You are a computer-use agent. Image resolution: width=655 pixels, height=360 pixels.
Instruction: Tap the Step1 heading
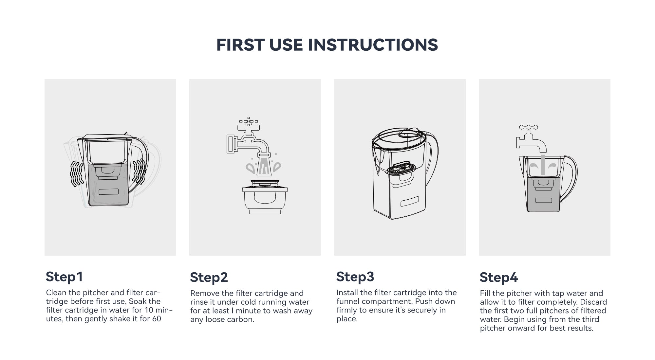click(64, 277)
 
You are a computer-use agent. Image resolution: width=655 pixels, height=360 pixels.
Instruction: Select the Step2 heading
click(209, 278)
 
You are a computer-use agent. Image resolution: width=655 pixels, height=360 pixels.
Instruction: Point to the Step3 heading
click(355, 277)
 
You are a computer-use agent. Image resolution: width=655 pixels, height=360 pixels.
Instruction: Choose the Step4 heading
click(499, 278)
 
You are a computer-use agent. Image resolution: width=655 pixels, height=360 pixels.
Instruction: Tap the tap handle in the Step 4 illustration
click(528, 127)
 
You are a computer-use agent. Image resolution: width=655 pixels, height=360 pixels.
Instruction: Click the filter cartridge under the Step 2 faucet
click(265, 196)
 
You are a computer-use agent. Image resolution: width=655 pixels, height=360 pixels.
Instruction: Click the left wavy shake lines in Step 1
click(77, 174)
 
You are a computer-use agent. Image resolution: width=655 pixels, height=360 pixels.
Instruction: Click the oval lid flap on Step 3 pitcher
click(409, 133)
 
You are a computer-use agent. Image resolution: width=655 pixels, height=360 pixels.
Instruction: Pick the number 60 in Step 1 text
click(157, 319)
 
